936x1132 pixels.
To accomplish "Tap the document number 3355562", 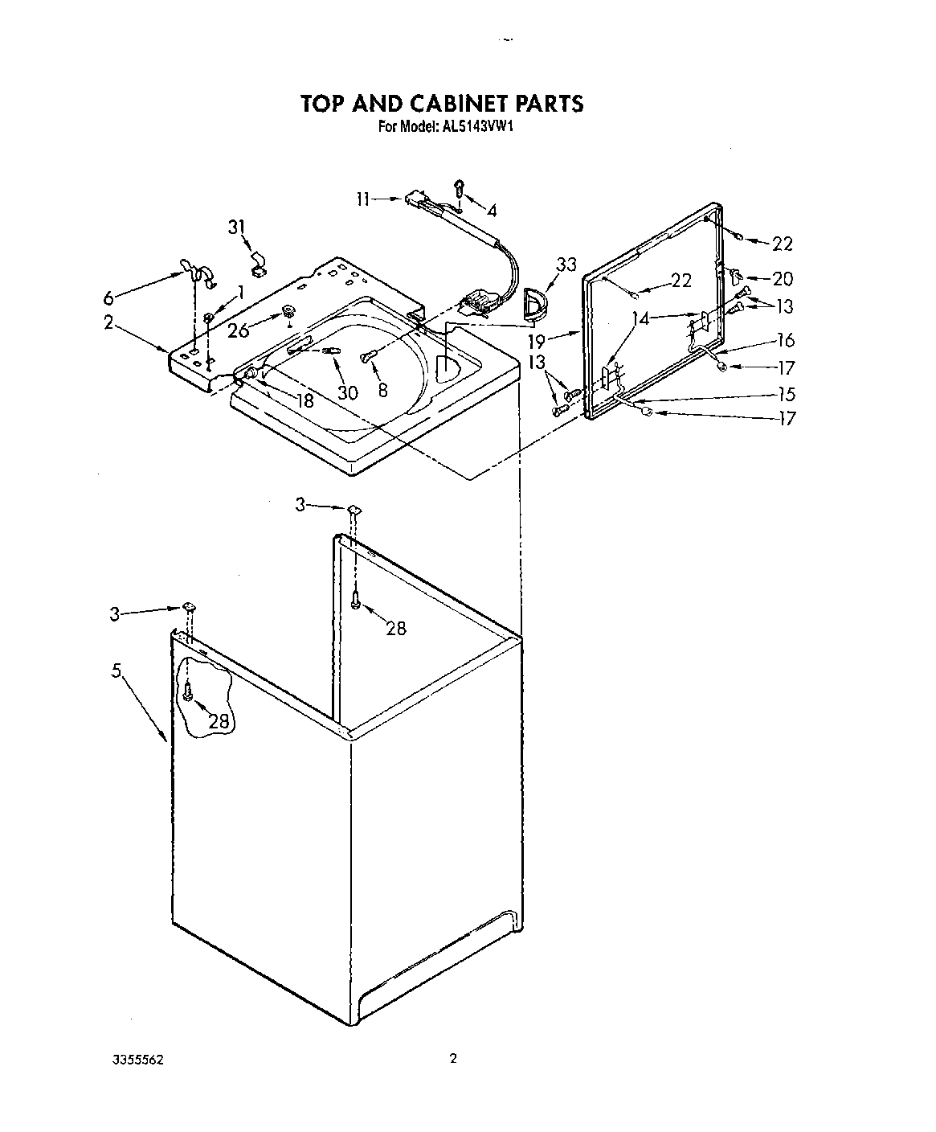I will click(141, 1060).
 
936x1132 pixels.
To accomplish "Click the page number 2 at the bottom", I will click(453, 1059).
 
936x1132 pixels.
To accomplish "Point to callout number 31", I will click(237, 228).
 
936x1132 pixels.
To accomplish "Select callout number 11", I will click(364, 199).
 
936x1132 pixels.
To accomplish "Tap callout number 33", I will click(566, 264).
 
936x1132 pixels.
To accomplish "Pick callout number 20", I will click(782, 279).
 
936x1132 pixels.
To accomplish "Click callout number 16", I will click(785, 340).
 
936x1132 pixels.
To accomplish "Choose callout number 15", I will click(786, 394).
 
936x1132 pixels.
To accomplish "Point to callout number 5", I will click(116, 671).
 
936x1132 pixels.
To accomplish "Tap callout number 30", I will click(347, 393).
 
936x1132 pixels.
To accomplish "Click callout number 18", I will click(305, 400).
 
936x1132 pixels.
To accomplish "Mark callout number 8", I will click(382, 390).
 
